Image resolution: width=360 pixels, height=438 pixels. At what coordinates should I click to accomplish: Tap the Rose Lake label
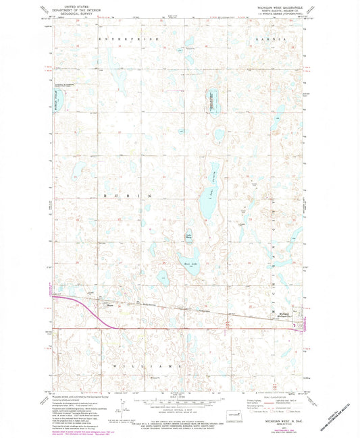click(x=191, y=256)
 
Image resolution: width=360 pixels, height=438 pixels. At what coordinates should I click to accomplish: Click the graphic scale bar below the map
click(x=180, y=404)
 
